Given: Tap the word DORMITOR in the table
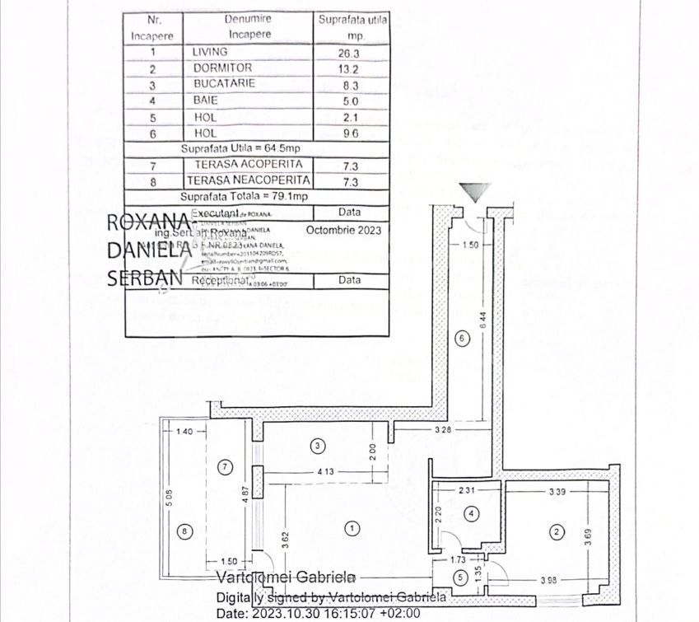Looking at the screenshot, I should point(221,68).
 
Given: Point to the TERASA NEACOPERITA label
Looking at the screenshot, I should point(249,180).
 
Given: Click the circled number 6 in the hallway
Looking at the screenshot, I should point(461,337).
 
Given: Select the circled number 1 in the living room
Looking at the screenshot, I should point(352,527).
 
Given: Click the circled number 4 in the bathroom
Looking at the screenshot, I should point(472,514).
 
